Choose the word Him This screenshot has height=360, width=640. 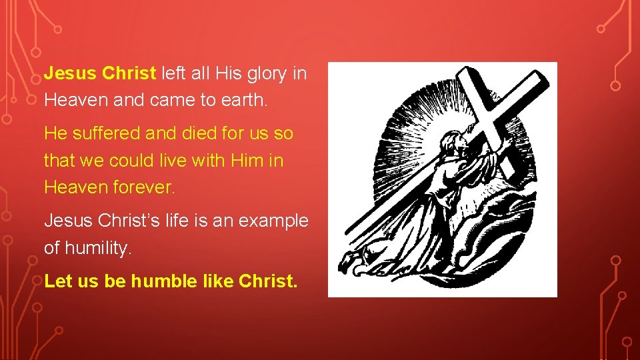(245, 161)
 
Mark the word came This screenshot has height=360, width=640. (153, 100)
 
